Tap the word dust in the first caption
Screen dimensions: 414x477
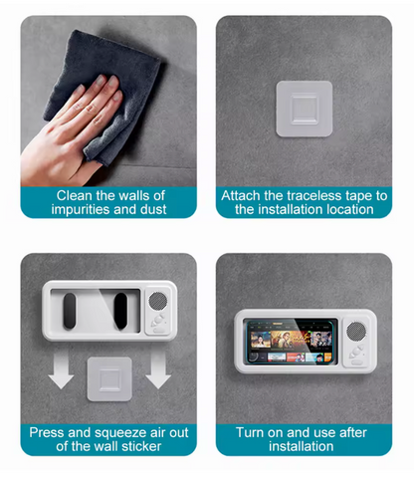[x=153, y=209]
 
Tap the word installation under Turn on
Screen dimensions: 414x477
[x=301, y=446]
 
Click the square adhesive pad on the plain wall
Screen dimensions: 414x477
[x=305, y=109]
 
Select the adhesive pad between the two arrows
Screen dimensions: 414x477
[x=109, y=378]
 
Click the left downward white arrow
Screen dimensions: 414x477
[x=61, y=369]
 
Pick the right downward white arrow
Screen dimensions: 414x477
[x=158, y=369]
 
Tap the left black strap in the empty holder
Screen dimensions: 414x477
[x=70, y=311]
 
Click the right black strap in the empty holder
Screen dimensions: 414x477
[x=120, y=311]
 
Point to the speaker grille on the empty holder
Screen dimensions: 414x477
[x=158, y=301]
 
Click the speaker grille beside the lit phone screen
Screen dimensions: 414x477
[x=356, y=331]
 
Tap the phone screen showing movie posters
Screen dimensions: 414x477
[x=291, y=342]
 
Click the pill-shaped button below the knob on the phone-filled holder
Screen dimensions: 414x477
[x=356, y=362]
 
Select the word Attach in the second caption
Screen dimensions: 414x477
[x=241, y=195]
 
